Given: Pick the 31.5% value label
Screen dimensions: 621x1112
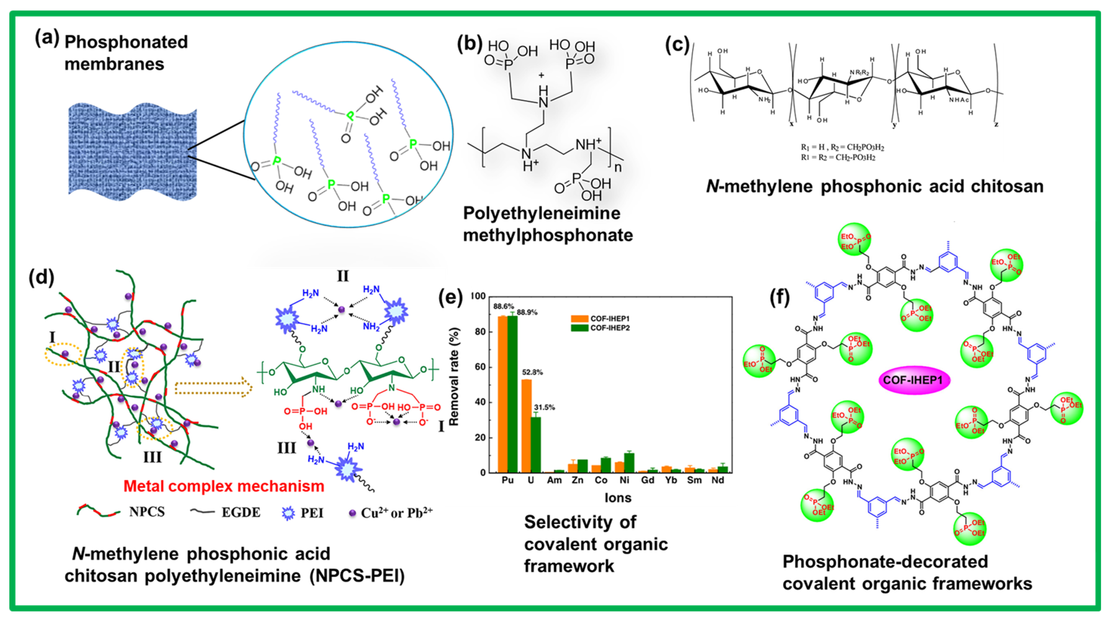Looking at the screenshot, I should point(544,407).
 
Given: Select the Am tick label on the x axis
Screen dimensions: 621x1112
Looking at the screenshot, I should point(554,480).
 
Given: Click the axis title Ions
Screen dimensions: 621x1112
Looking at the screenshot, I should point(618,498).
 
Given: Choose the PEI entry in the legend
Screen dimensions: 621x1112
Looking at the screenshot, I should point(303,513).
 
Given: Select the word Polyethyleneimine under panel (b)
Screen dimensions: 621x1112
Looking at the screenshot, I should point(542,213).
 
